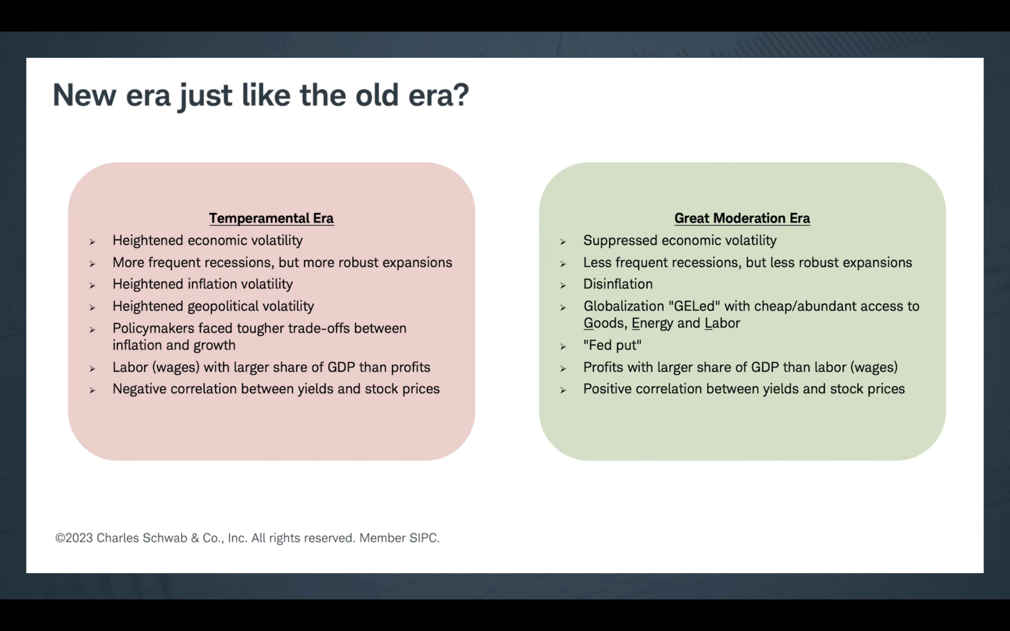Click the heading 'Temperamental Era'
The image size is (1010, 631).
click(x=271, y=218)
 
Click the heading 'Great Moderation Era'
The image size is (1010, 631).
click(x=742, y=218)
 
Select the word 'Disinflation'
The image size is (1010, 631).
click(x=618, y=284)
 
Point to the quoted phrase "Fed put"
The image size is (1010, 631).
click(x=612, y=345)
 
